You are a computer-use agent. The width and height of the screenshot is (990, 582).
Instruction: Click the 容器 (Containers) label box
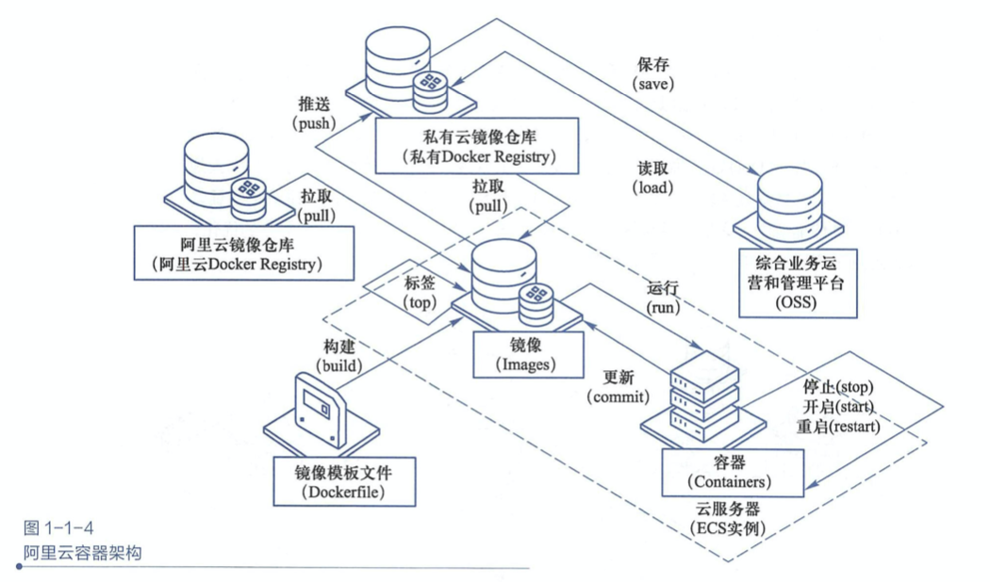click(x=731, y=472)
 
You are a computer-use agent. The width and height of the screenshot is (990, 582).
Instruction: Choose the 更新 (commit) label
click(x=614, y=386)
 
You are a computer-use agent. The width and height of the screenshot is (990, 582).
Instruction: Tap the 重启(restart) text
click(x=837, y=426)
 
